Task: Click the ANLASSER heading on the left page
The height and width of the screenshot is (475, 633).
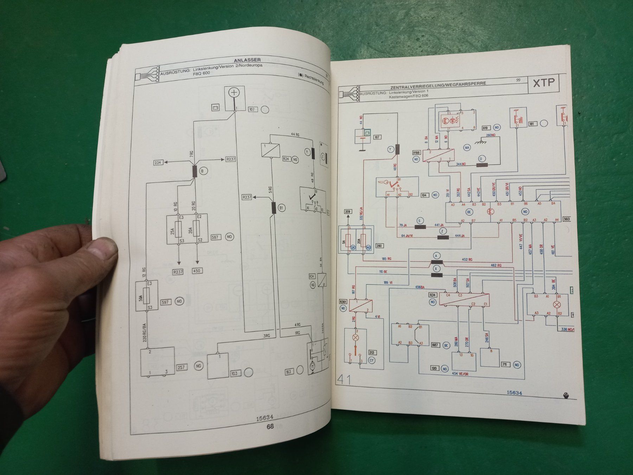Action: point(247,60)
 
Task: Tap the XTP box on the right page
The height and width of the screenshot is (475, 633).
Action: point(544,83)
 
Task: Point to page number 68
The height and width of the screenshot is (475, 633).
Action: point(270,426)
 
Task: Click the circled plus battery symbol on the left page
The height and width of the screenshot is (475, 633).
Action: point(234,93)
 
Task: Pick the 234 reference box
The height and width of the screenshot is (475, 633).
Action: point(158,162)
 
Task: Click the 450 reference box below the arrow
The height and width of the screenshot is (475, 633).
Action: point(197,271)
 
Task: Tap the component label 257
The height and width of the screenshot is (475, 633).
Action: point(181,367)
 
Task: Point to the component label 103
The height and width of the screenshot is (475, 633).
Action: point(235,373)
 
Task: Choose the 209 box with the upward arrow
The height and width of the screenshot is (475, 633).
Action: point(348,212)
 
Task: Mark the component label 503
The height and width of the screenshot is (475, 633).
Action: point(567,219)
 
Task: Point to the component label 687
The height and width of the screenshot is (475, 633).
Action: point(435,345)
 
